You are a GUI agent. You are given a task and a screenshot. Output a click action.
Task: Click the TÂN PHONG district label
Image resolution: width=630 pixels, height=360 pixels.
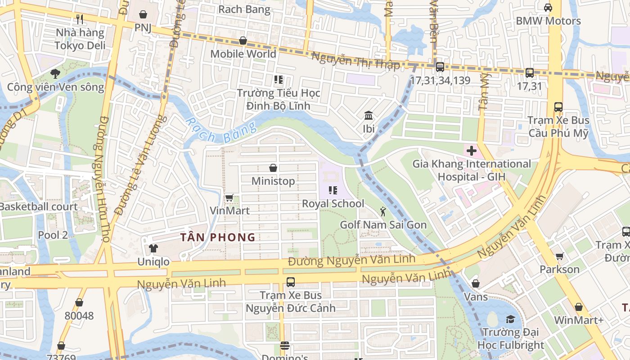tap(218, 238)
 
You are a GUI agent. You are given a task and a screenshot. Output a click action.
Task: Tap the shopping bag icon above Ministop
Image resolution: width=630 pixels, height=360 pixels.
tap(273, 168)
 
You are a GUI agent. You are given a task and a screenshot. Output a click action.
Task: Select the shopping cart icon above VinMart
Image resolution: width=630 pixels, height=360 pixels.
tap(229, 198)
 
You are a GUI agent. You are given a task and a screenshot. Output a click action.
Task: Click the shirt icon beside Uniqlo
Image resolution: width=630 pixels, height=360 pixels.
tap(153, 248)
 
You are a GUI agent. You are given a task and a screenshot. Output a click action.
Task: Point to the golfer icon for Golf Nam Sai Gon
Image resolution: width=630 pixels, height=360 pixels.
tap(382, 211)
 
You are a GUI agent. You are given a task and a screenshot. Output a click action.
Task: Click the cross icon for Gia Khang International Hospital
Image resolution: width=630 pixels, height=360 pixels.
tap(471, 151)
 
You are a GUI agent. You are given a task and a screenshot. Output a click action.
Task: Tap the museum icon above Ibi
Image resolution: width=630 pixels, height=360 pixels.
tap(369, 116)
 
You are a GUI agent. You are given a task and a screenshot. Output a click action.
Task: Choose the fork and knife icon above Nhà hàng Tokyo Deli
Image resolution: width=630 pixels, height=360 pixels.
tap(80, 19)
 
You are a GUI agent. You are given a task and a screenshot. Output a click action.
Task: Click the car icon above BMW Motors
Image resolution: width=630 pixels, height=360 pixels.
tap(548, 8)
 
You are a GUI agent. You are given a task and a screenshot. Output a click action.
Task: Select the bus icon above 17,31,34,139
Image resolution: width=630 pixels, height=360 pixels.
tap(440, 67)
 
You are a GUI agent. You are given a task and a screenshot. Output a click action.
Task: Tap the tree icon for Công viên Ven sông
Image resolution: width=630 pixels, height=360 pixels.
tap(55, 73)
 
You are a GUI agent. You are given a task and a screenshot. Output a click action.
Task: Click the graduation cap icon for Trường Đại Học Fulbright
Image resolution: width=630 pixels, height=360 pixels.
tap(510, 319)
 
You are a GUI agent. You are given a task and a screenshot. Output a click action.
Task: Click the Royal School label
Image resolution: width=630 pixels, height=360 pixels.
tap(333, 203)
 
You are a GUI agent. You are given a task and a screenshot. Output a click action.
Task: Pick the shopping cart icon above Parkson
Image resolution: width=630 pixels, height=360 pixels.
tap(559, 256)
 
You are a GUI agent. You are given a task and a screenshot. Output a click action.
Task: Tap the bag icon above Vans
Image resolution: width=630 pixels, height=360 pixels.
tap(475, 283)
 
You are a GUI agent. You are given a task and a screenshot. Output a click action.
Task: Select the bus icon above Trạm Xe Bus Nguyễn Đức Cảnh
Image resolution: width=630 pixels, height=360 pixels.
tap(291, 282)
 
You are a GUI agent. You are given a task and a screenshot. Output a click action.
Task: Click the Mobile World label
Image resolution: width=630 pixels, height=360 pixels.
tap(243, 54)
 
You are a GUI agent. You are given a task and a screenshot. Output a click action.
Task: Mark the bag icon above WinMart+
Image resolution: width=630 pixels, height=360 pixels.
tap(578, 307)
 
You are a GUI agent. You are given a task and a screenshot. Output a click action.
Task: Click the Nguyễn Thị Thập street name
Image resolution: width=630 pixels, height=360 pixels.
tap(355, 61)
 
